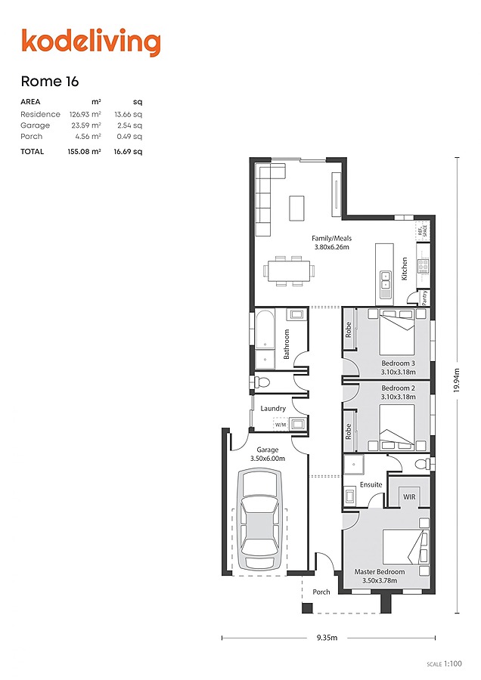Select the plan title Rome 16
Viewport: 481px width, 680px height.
coord(50,82)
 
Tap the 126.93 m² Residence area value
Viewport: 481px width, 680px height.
coord(85,114)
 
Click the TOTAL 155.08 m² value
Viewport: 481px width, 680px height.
coord(85,151)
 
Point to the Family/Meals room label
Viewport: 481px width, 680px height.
coord(331,239)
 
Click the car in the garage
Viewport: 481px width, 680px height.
coord(259,520)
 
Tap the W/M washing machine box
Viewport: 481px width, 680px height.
coord(281,425)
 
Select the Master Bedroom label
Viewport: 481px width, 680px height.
coord(379,572)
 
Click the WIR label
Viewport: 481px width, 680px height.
coord(409,497)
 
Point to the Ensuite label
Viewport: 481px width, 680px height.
coord(371,484)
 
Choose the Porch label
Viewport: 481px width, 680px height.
coord(321,592)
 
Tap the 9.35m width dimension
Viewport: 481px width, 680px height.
coord(327,638)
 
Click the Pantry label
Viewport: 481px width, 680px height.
coord(424,297)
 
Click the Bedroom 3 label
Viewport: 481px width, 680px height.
coord(397,363)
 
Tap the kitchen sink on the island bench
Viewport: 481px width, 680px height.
coord(386,280)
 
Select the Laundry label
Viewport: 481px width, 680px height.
coord(273,409)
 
